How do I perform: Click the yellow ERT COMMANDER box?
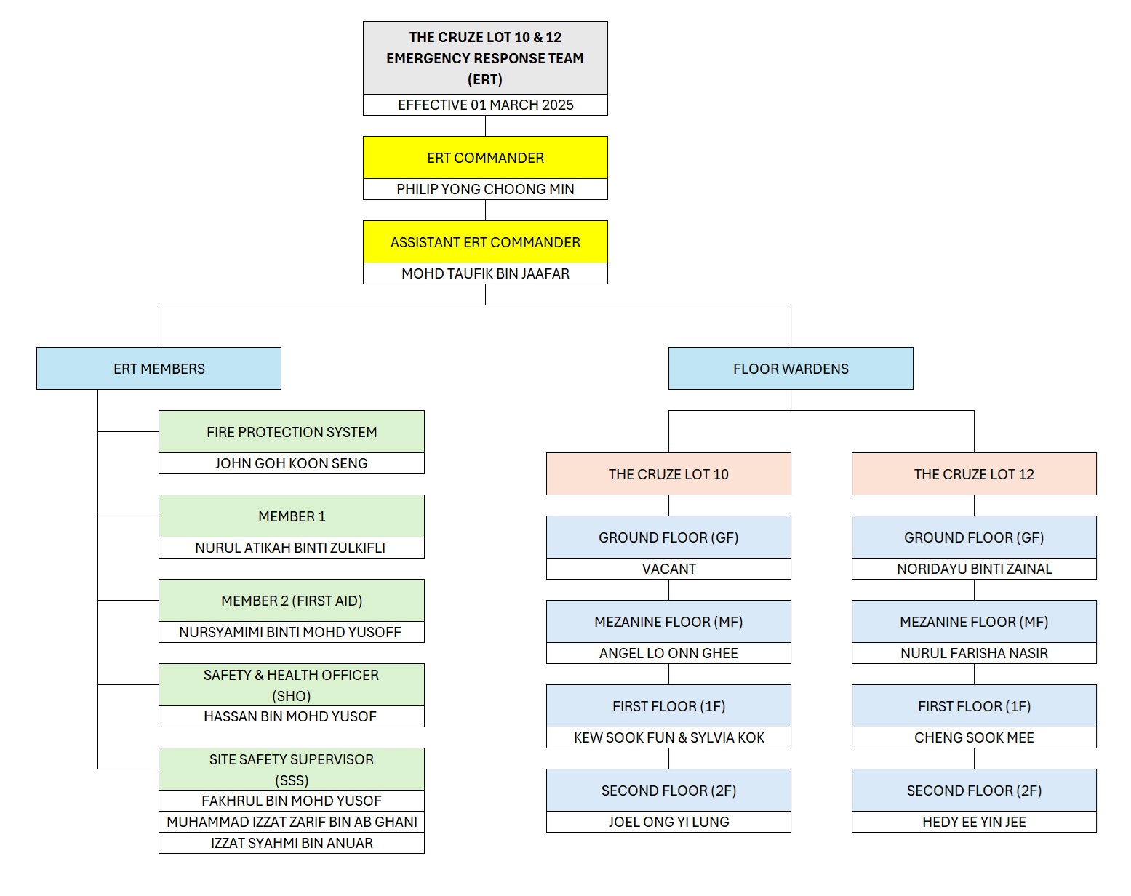[x=485, y=158]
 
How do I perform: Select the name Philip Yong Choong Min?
[x=485, y=189]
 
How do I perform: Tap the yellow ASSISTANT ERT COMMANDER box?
[x=485, y=241]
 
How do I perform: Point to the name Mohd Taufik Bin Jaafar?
[x=485, y=273]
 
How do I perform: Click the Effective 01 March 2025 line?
[x=485, y=105]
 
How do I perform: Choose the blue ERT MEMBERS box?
[x=159, y=369]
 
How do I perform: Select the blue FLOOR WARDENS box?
[x=791, y=369]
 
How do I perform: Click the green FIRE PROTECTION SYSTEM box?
[x=292, y=431]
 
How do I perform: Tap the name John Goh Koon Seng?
[x=292, y=463]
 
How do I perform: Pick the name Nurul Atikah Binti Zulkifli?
[x=290, y=548]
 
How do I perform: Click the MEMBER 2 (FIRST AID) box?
[x=292, y=600]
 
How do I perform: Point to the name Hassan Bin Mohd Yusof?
[x=290, y=716]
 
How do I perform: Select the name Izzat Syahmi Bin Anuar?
[x=292, y=843]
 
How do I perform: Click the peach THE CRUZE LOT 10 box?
[x=668, y=473]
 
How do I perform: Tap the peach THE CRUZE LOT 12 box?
[x=974, y=473]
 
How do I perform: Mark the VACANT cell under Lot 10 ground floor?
[x=668, y=569]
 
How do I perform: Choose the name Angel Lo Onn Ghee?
[x=668, y=653]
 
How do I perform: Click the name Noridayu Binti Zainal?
[x=975, y=569]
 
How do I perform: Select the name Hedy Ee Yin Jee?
[x=974, y=822]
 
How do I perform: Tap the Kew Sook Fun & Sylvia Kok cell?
[x=668, y=737]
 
